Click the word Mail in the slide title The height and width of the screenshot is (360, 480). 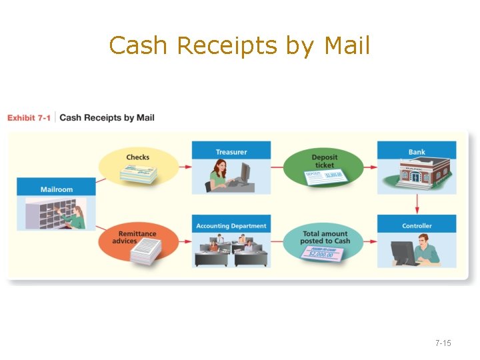pyautogui.click(x=347, y=45)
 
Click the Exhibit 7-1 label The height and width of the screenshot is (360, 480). pyautogui.click(x=29, y=118)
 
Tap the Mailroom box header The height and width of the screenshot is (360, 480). pyautogui.click(x=57, y=189)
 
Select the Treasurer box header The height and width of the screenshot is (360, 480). pyautogui.click(x=231, y=152)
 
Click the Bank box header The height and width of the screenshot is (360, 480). pyautogui.click(x=417, y=152)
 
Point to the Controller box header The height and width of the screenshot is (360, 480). pyautogui.click(x=417, y=226)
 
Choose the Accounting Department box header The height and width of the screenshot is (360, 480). pyautogui.click(x=231, y=226)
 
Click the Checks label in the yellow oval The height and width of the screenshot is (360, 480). pyautogui.click(x=138, y=157)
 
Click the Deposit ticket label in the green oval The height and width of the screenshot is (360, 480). pyautogui.click(x=325, y=161)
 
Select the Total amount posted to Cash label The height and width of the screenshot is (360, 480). pyautogui.click(x=325, y=237)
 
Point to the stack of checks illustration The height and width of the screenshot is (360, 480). pyautogui.click(x=138, y=175)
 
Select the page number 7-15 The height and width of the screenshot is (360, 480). pyautogui.click(x=443, y=343)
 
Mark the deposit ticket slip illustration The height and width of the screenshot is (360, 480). pyautogui.click(x=323, y=177)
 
